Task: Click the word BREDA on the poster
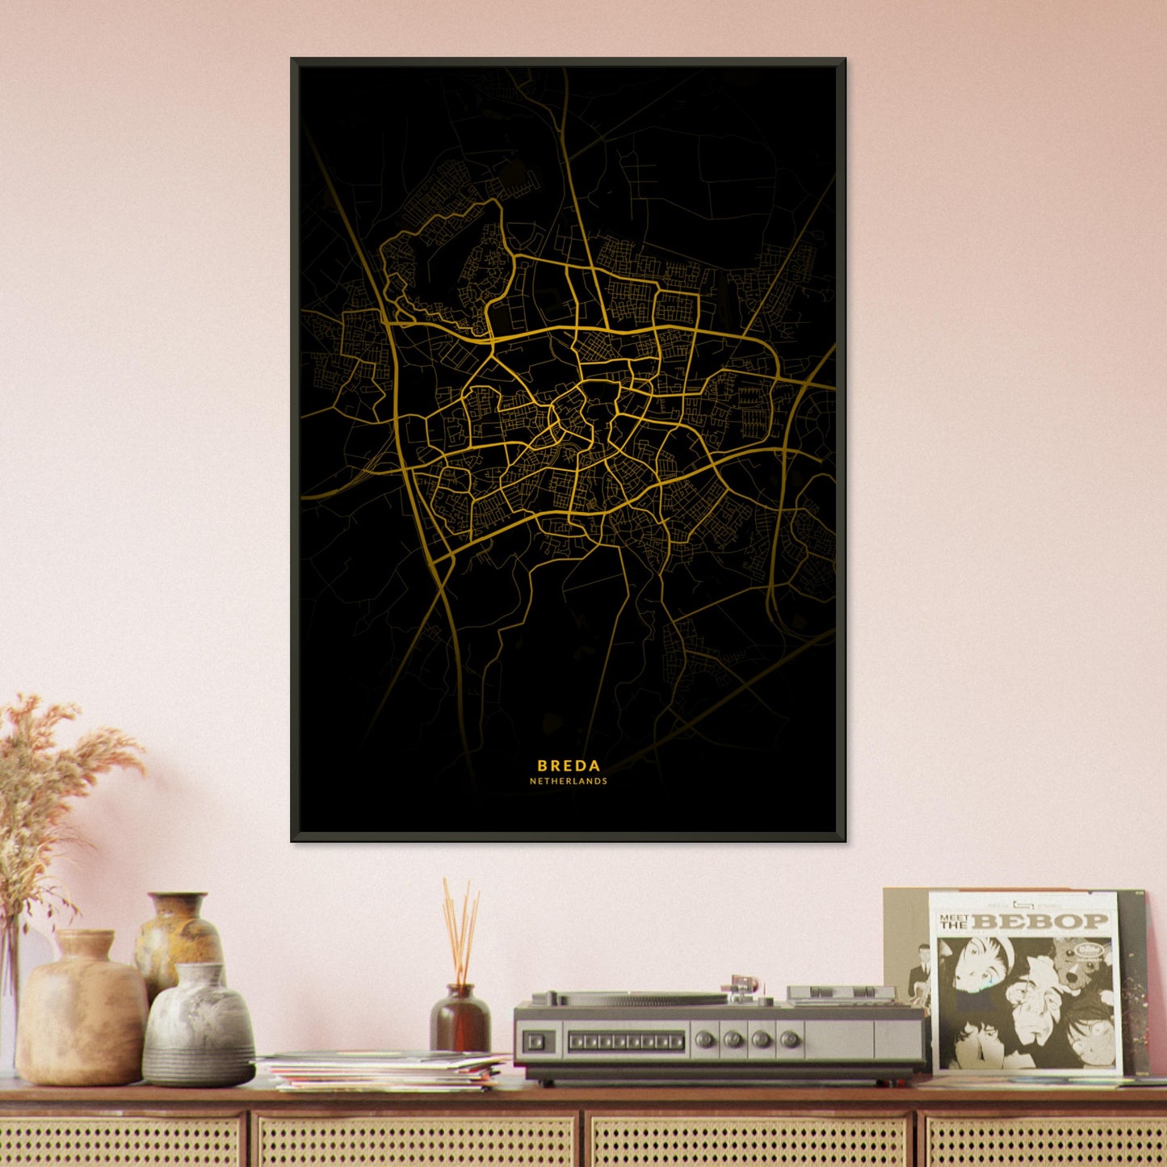(569, 766)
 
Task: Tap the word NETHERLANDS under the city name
(569, 782)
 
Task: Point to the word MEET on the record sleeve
(953, 917)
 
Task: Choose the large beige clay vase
(81, 1010)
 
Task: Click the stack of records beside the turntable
(384, 1071)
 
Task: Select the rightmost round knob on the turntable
(790, 1039)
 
